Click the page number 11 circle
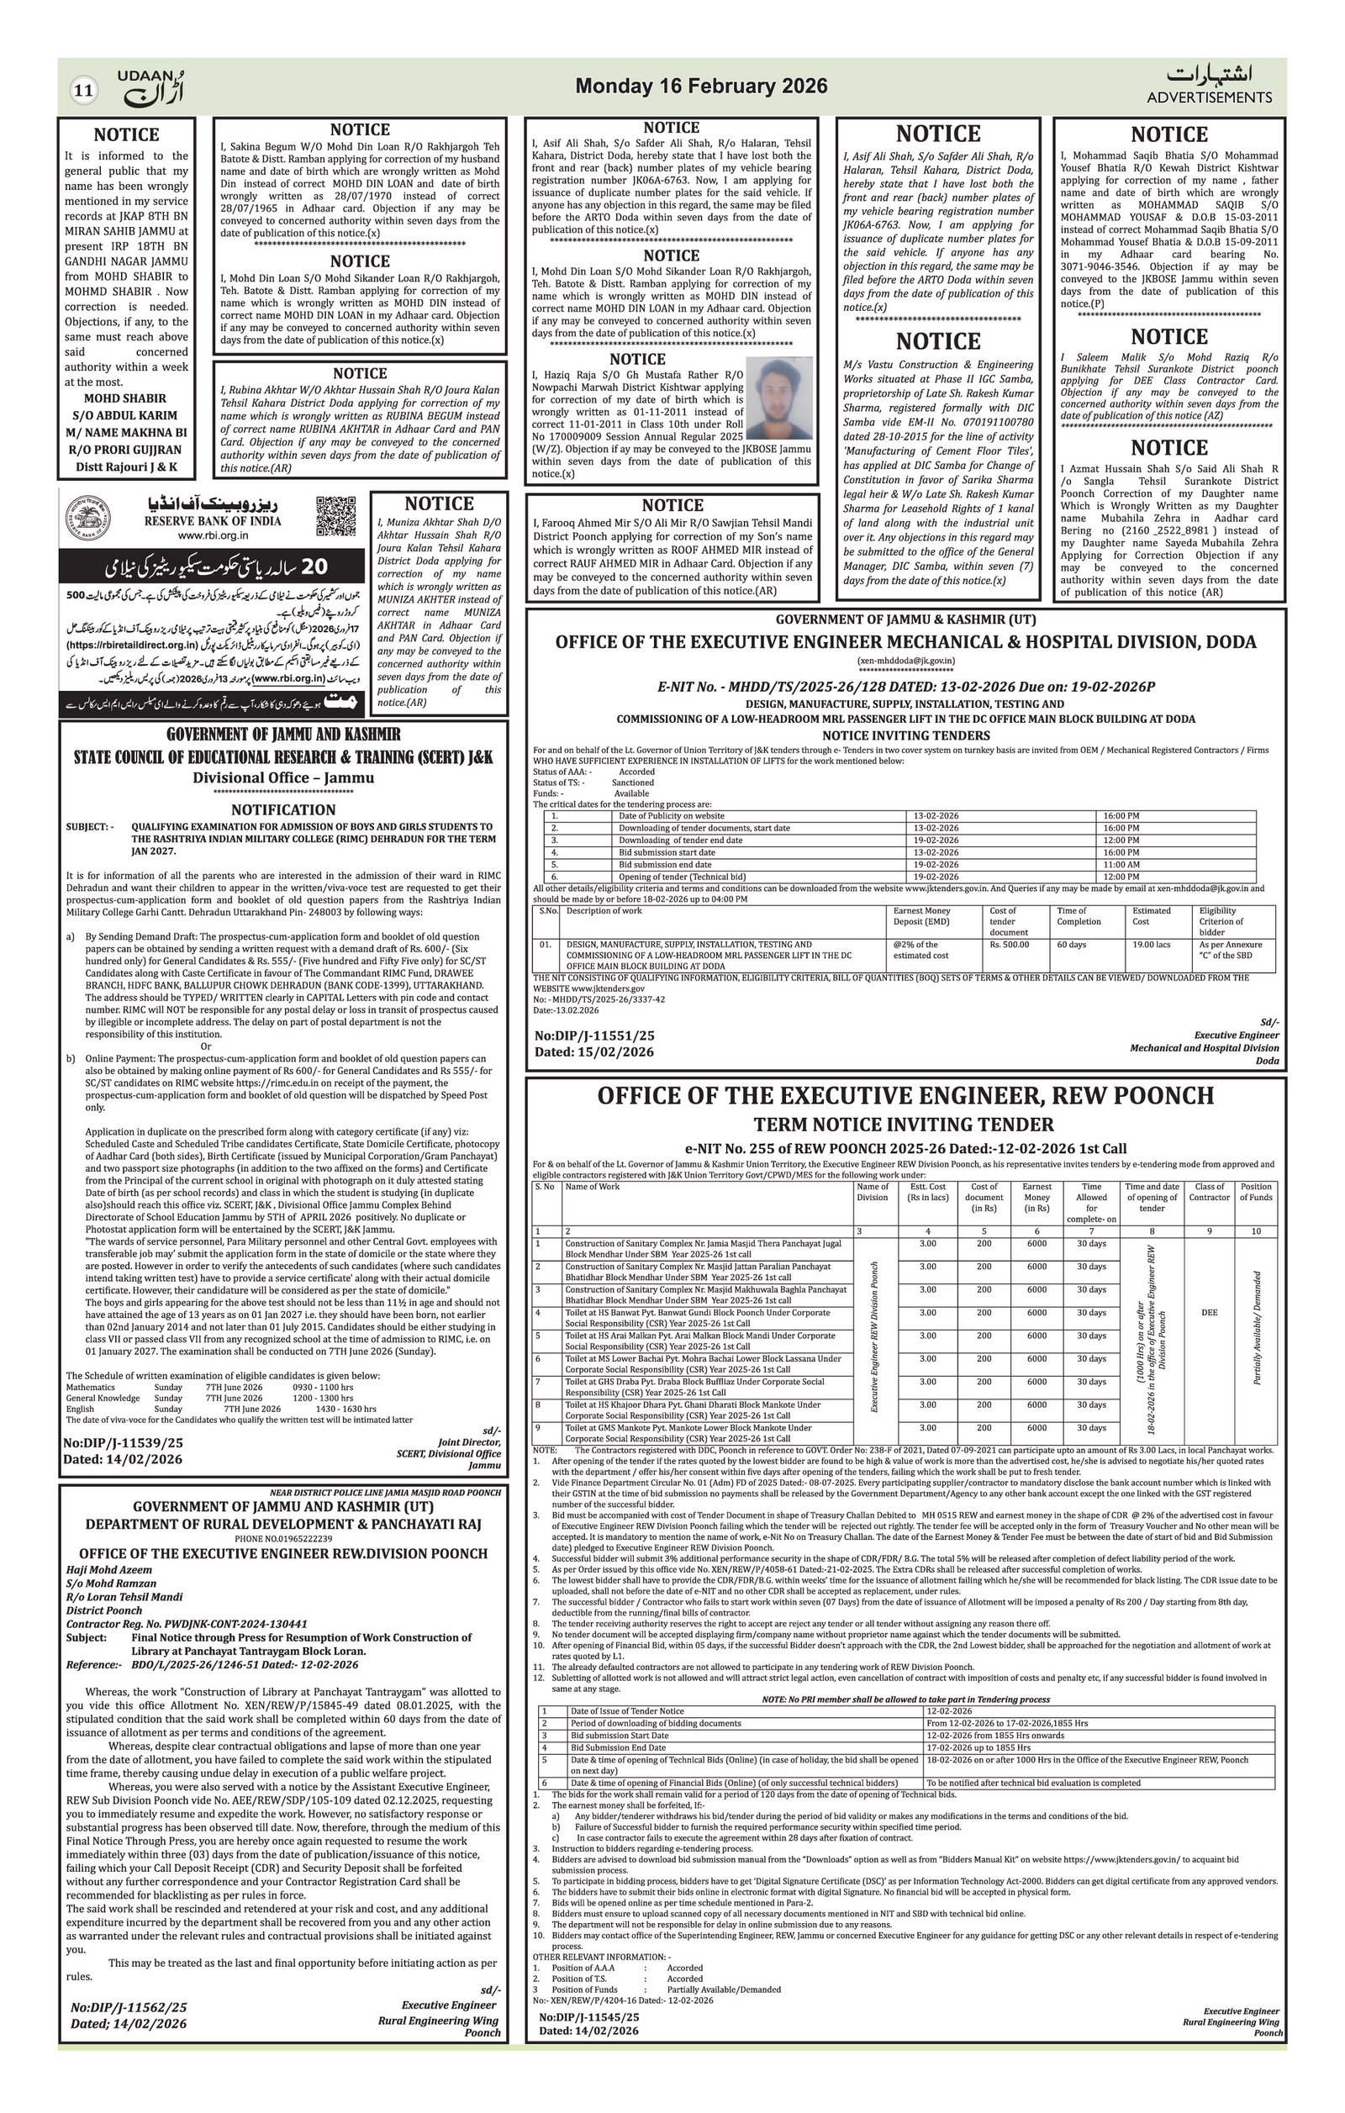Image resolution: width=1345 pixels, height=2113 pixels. point(84,91)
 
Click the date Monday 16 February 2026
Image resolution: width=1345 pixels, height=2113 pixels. point(701,86)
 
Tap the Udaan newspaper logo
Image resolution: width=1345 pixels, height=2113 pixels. point(152,87)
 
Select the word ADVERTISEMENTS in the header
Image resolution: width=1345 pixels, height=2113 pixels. point(1209,97)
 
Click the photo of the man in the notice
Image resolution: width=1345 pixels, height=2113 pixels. point(779,398)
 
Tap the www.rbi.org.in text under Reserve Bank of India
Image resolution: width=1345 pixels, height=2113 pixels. point(213,535)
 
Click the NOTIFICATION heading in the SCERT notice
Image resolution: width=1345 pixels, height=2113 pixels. point(283,810)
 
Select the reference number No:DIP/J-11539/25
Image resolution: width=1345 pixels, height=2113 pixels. point(124,1442)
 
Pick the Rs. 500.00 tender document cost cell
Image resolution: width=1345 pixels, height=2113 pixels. point(1010,945)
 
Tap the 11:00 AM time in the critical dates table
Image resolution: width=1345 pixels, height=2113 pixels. point(1121,864)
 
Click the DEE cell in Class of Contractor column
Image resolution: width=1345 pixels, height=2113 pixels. point(1209,1313)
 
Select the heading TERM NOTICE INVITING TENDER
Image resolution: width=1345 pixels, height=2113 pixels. point(904,1125)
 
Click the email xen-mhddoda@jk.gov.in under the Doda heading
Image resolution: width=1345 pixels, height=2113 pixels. point(905,661)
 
